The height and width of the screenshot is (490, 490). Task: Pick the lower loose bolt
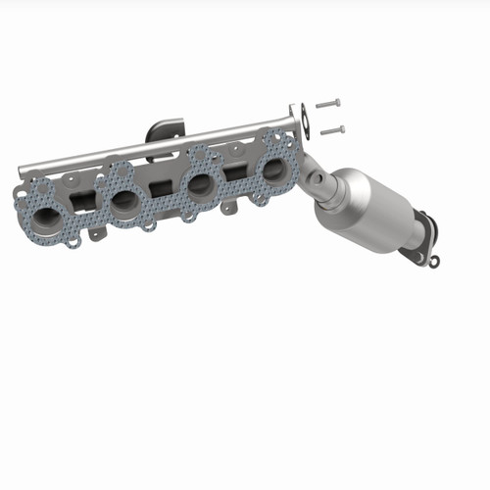[x=333, y=128]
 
